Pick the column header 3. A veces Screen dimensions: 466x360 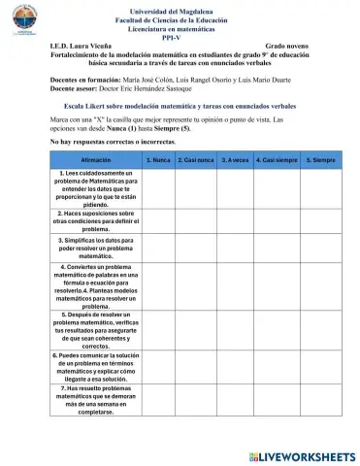tap(235, 158)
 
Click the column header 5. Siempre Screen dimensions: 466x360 tap(321, 158)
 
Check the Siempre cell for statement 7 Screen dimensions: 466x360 tap(321, 400)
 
